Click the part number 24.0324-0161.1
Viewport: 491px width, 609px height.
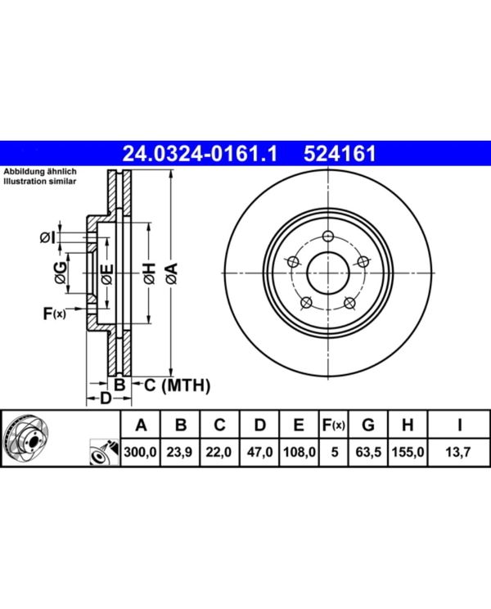point(200,153)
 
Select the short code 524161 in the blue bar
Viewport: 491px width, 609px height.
point(340,153)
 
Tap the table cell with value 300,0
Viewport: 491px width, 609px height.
point(141,452)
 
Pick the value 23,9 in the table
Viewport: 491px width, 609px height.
point(179,452)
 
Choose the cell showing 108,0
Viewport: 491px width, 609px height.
point(300,452)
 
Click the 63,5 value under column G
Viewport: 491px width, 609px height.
point(368,452)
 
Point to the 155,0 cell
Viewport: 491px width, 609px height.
point(408,452)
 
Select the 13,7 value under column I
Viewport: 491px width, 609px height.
point(458,452)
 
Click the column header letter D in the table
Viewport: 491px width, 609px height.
point(259,425)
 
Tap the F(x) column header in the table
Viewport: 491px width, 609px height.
point(333,426)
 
